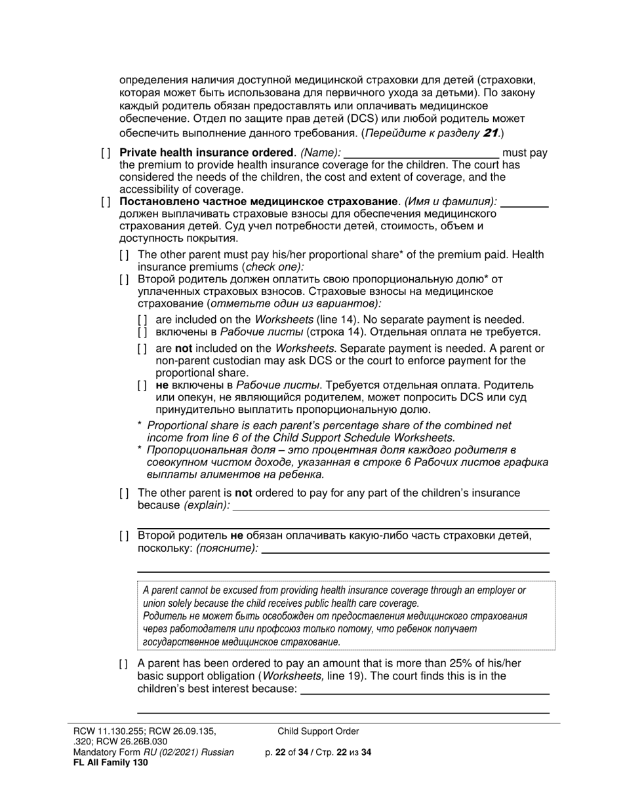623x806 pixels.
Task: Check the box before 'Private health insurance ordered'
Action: [x=106, y=153]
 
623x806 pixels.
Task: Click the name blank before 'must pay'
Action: [x=421, y=154]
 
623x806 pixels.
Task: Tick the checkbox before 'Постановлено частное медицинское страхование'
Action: [x=106, y=202]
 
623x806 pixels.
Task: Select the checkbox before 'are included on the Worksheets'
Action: [x=142, y=320]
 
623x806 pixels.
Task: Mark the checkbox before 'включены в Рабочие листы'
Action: [x=142, y=332]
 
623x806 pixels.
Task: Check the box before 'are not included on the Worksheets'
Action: [x=142, y=349]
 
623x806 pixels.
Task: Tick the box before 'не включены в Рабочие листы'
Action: [x=142, y=385]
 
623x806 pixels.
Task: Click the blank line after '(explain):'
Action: [x=392, y=506]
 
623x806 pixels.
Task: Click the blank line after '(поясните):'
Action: [x=405, y=549]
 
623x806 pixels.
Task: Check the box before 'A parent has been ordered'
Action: [x=124, y=664]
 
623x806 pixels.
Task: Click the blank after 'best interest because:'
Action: [x=424, y=689]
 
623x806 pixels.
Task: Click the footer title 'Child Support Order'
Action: [x=318, y=731]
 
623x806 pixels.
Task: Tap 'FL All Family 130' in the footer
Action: [x=111, y=762]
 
